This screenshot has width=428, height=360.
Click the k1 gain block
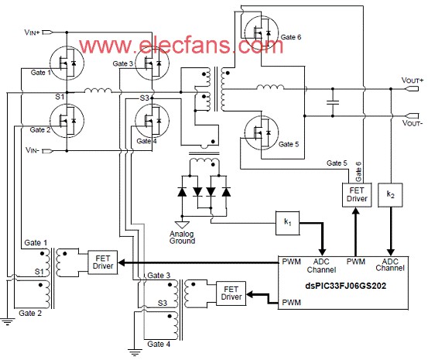[x=287, y=223]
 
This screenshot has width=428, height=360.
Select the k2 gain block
[x=390, y=195]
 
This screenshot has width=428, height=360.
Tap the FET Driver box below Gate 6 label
[x=357, y=195]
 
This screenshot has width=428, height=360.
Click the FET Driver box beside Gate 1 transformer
[x=103, y=262]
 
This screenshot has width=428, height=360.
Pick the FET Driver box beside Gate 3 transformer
[x=231, y=293]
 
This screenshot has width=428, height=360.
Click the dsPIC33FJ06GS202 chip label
[x=345, y=286]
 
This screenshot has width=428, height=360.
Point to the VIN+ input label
[x=32, y=33]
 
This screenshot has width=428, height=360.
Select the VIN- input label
[x=33, y=150]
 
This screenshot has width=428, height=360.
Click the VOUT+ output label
[x=413, y=81]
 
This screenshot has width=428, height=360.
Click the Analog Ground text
[x=182, y=238]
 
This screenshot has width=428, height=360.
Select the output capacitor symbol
[x=333, y=103]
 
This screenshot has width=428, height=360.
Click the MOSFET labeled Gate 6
[x=262, y=33]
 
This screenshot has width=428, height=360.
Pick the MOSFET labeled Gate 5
[x=262, y=132]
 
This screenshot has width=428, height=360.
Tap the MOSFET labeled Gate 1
[x=67, y=63]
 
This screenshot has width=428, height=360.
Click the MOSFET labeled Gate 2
[x=67, y=120]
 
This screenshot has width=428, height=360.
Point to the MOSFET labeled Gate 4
[x=152, y=120]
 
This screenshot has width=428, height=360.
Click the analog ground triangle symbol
[x=182, y=225]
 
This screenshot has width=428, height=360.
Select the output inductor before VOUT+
[x=270, y=87]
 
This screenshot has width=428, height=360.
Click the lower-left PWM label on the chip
[x=291, y=303]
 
